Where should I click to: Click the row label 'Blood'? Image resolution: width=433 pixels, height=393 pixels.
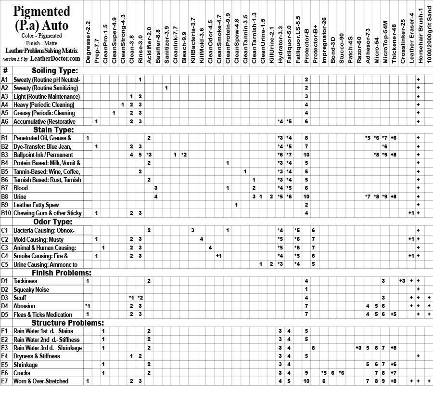(21, 188)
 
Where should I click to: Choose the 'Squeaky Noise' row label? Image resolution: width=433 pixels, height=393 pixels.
(32, 289)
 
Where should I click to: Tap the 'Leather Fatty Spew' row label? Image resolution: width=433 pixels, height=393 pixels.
(36, 205)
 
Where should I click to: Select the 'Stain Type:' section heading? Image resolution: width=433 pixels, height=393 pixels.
(53, 130)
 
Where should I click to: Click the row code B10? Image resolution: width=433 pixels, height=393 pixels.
(6, 213)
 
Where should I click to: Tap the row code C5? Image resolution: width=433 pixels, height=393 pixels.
(5, 264)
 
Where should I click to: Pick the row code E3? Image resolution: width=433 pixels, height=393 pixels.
(5, 348)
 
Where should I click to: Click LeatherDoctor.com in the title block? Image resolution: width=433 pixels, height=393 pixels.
(55, 58)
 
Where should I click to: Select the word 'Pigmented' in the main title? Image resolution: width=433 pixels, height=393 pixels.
(41, 11)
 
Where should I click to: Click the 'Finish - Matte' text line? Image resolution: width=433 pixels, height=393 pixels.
(41, 43)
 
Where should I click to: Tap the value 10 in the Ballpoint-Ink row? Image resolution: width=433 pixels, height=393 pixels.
(306, 155)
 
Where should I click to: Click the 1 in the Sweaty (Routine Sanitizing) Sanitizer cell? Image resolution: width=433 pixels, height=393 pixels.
(166, 88)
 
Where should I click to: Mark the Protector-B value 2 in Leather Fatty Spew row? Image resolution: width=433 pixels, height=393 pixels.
(306, 205)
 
